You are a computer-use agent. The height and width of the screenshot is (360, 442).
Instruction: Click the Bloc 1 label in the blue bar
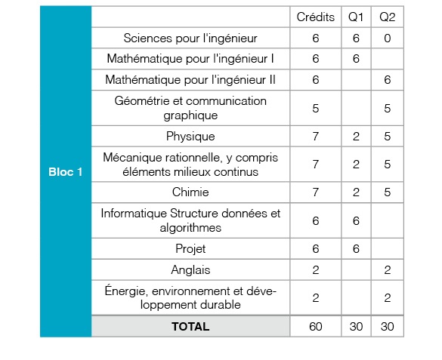coord(65,171)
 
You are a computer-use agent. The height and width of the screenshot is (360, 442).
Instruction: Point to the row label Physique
coord(190,137)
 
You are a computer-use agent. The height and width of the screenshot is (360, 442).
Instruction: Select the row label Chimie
coord(190,192)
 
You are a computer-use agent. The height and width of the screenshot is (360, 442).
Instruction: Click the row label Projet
coord(190,248)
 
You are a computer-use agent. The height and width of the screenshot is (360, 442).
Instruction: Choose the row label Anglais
coord(190,269)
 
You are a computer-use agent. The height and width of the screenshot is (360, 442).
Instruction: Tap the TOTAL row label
coord(190,327)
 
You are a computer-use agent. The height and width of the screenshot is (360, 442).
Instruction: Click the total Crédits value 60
coord(316,327)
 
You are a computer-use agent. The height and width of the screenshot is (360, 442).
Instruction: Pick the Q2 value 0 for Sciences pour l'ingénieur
coord(386,38)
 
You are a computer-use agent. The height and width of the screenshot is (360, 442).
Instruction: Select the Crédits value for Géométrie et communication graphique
coord(316,108)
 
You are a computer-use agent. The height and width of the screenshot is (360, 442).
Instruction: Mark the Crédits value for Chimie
coord(316,192)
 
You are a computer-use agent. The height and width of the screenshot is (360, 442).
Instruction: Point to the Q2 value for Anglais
coord(386,269)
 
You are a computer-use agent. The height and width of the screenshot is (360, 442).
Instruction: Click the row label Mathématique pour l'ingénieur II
coord(190,80)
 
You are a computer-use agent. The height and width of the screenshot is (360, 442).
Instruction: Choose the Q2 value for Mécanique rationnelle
coord(386,164)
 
